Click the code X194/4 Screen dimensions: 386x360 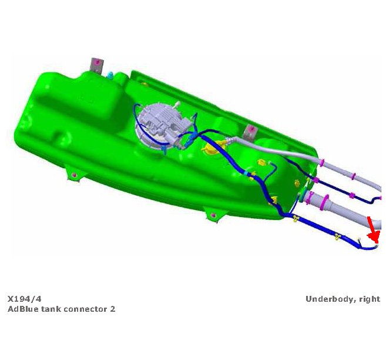(x=24, y=299)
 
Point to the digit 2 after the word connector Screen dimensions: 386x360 (x=112, y=309)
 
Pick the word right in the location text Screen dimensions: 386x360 (x=370, y=299)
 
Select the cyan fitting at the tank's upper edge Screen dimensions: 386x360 (x=111, y=75)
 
